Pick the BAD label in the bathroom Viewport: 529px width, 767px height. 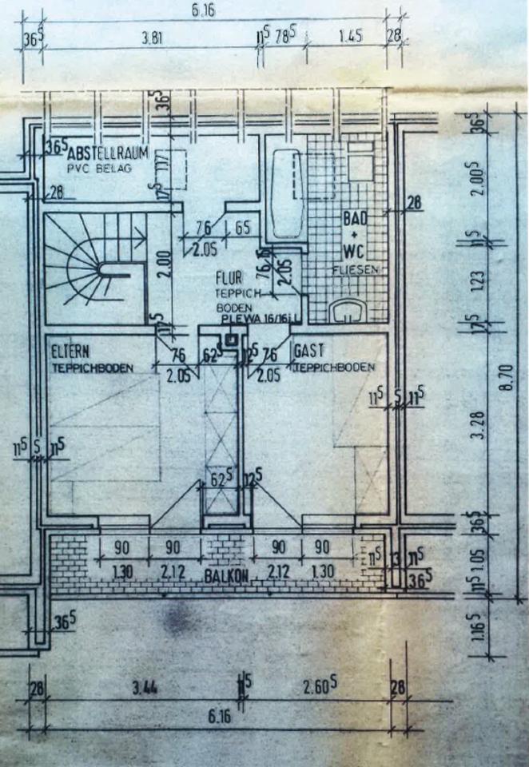tap(354, 217)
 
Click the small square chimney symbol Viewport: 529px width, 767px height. tap(232, 338)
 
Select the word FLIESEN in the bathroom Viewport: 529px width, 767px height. tap(355, 271)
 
